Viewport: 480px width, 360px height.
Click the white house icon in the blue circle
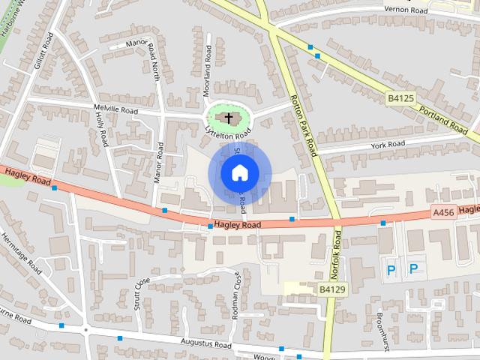(238, 173)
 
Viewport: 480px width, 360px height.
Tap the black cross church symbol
(229, 118)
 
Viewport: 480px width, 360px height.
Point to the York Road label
(387, 144)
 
